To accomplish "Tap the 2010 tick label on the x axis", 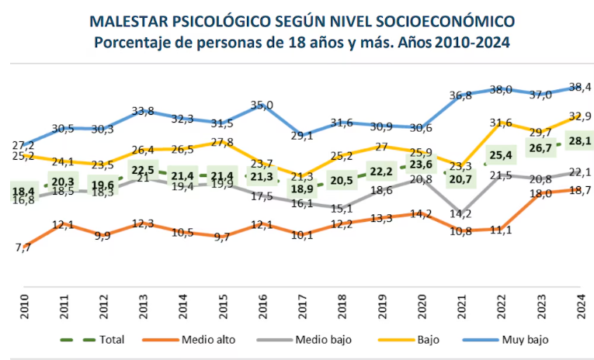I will tap(23, 303).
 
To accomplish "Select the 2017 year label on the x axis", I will tap(300, 303).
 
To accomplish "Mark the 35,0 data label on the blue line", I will tap(261, 105).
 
